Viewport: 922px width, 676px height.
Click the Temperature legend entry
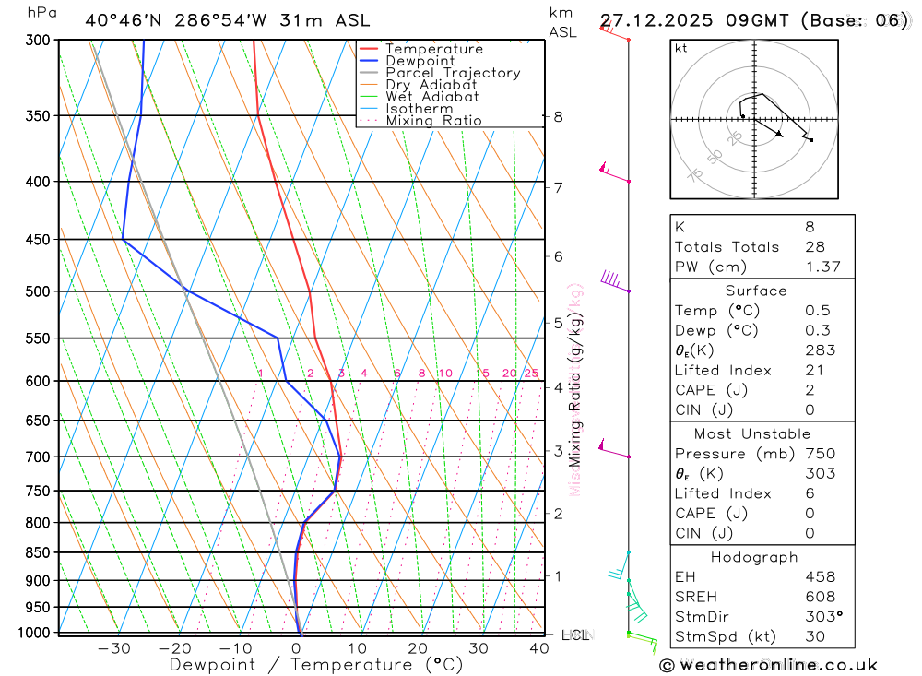[433, 49]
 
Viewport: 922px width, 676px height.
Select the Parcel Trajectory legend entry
[453, 73]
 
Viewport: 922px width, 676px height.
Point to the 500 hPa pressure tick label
[38, 291]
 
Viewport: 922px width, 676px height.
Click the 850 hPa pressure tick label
[38, 552]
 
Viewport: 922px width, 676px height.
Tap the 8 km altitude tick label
[558, 116]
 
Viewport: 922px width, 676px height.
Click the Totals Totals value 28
[813, 246]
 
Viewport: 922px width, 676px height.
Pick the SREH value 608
[820, 598]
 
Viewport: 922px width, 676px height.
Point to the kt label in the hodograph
[681, 48]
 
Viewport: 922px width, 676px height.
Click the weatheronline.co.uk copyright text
[768, 665]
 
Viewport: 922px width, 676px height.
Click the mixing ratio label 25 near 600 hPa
[531, 373]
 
